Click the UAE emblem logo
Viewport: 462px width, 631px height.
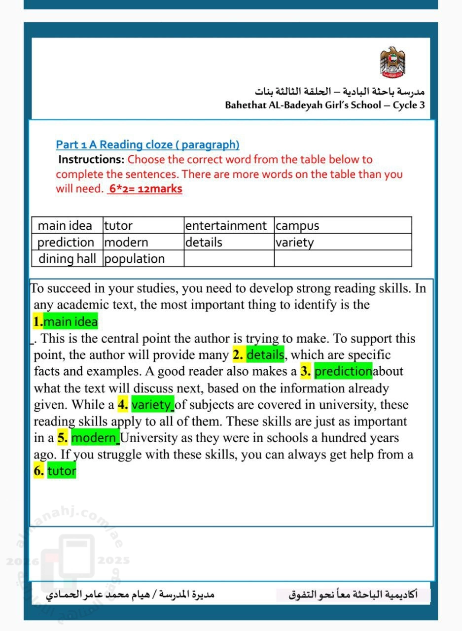tap(392, 62)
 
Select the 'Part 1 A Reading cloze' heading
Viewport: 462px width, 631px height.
tap(147, 145)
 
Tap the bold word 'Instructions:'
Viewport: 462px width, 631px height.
tap(91, 160)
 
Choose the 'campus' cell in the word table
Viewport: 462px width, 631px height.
tap(297, 226)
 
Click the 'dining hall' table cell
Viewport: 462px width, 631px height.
tap(67, 259)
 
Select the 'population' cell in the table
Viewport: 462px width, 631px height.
tap(135, 259)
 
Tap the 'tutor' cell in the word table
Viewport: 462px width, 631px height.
tap(118, 226)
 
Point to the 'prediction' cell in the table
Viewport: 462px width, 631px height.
tap(66, 243)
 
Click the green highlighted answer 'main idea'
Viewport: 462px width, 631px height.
tap(71, 322)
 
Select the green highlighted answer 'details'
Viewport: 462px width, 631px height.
tap(265, 355)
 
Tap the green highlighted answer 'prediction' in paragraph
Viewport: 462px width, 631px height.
tap(343, 371)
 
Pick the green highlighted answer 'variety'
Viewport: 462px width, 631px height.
tap(152, 405)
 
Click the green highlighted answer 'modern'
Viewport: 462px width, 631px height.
tap(95, 438)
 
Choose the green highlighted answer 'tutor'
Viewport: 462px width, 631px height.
tap(62, 471)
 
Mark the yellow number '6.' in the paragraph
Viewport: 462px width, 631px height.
tap(39, 471)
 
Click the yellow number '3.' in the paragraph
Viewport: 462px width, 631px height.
tap(306, 371)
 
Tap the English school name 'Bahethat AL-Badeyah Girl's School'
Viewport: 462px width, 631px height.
tap(303, 105)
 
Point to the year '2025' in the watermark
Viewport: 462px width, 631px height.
tap(113, 561)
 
